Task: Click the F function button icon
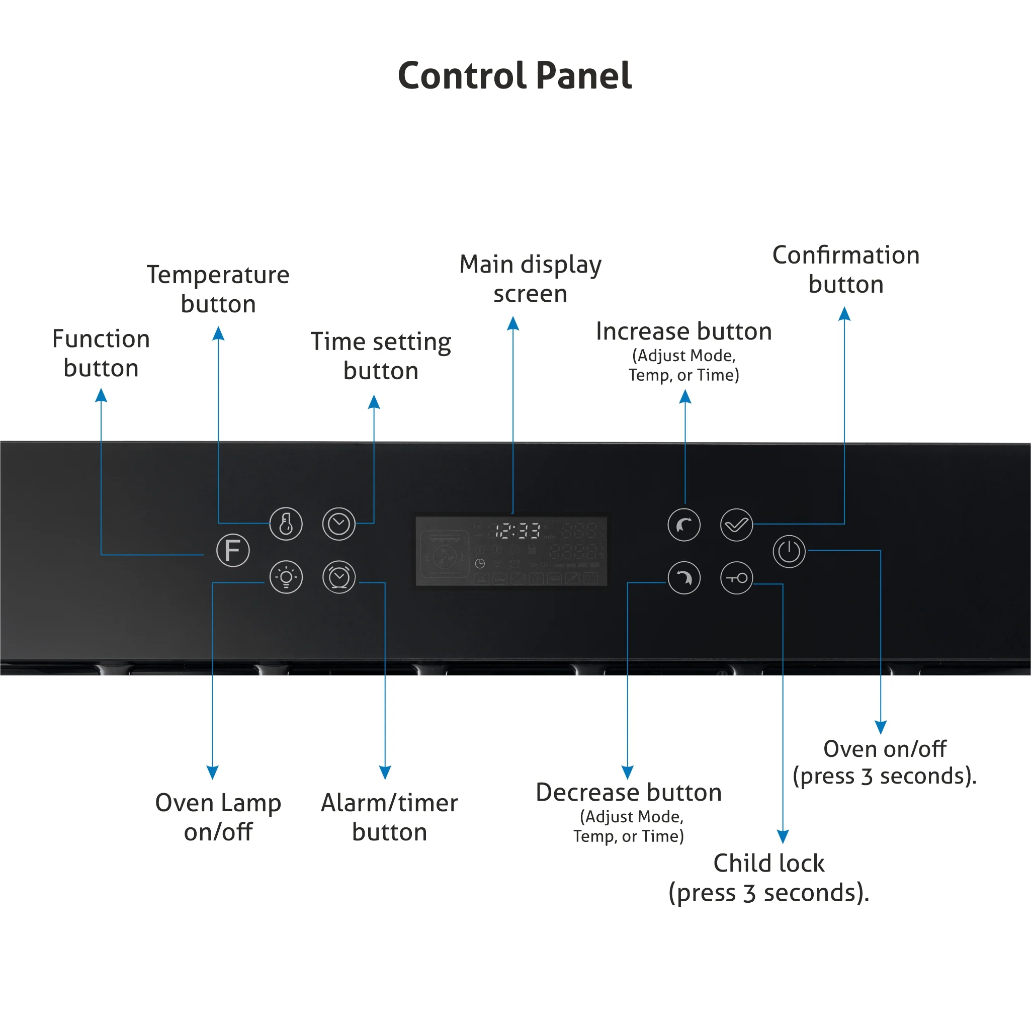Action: coord(233,550)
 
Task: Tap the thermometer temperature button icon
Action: coord(286,524)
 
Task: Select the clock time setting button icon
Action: coord(339,524)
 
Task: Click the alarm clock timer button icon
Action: coord(339,577)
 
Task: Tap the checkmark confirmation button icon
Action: coord(736,525)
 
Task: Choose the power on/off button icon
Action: coord(789,551)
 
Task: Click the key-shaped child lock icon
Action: coord(736,578)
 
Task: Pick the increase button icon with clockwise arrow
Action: coord(684,525)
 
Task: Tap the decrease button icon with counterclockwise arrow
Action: coord(684,578)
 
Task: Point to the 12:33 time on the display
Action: coord(518,531)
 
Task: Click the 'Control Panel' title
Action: coord(515,75)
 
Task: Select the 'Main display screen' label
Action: coord(531,279)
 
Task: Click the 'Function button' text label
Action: coord(101,353)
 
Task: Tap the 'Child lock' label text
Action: coord(769,863)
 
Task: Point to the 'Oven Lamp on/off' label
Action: coord(218,817)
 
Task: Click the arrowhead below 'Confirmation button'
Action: coord(844,313)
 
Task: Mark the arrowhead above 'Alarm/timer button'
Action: coord(385,772)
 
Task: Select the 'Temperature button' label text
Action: coord(218,289)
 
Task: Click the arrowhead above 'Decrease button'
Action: coord(628,772)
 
